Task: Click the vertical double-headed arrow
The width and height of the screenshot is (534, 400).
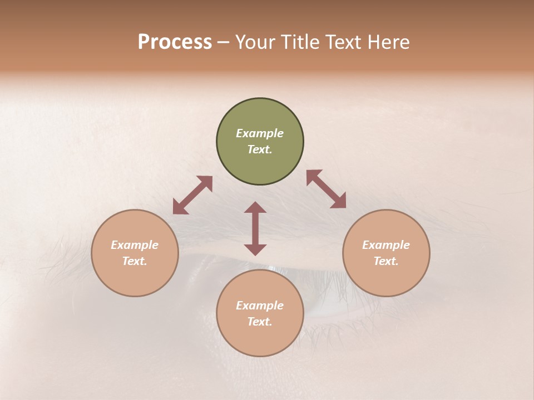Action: pyautogui.click(x=255, y=228)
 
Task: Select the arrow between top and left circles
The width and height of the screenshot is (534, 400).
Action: pyautogui.click(x=192, y=195)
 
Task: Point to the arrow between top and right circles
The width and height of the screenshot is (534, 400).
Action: pyautogui.click(x=326, y=189)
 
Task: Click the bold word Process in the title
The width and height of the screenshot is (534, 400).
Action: pyautogui.click(x=175, y=42)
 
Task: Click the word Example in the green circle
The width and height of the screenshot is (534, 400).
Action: pyautogui.click(x=260, y=133)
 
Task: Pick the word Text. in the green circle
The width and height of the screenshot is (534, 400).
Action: pyautogui.click(x=260, y=149)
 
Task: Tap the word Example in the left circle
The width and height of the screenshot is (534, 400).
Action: pyautogui.click(x=135, y=245)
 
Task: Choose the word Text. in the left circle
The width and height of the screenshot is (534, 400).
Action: pyautogui.click(x=135, y=261)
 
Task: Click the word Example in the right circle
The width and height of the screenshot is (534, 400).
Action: pyautogui.click(x=386, y=245)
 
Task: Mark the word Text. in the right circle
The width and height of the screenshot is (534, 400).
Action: pyautogui.click(x=386, y=261)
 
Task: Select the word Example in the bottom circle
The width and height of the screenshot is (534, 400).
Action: pyautogui.click(x=260, y=306)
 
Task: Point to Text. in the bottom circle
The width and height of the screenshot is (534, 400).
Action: pyautogui.click(x=260, y=322)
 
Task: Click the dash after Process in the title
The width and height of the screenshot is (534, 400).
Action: pyautogui.click(x=224, y=42)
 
